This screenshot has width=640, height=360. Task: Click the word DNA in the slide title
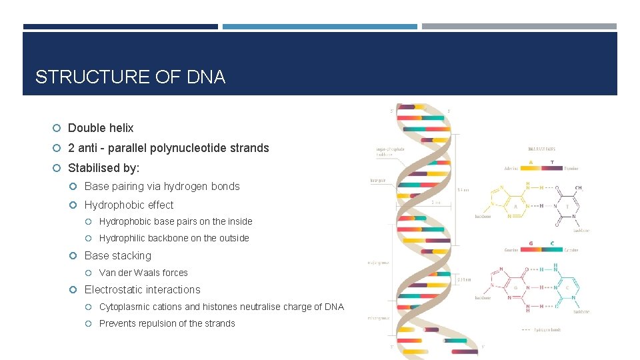[206, 77]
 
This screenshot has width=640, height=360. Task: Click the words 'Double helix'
[101, 128]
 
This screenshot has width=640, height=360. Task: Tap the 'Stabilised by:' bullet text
[104, 168]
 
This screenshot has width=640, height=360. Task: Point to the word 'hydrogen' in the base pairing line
[185, 187]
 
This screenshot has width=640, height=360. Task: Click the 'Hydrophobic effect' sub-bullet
[129, 205]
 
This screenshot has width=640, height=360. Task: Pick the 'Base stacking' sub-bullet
[118, 256]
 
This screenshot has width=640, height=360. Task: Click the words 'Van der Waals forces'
[143, 273]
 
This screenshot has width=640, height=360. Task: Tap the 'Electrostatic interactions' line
[142, 290]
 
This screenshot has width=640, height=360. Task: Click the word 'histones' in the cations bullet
[239, 307]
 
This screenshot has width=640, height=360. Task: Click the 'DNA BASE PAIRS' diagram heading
[541, 149]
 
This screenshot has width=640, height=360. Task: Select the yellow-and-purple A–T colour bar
[541, 168]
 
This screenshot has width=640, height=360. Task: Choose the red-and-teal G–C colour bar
[541, 250]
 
